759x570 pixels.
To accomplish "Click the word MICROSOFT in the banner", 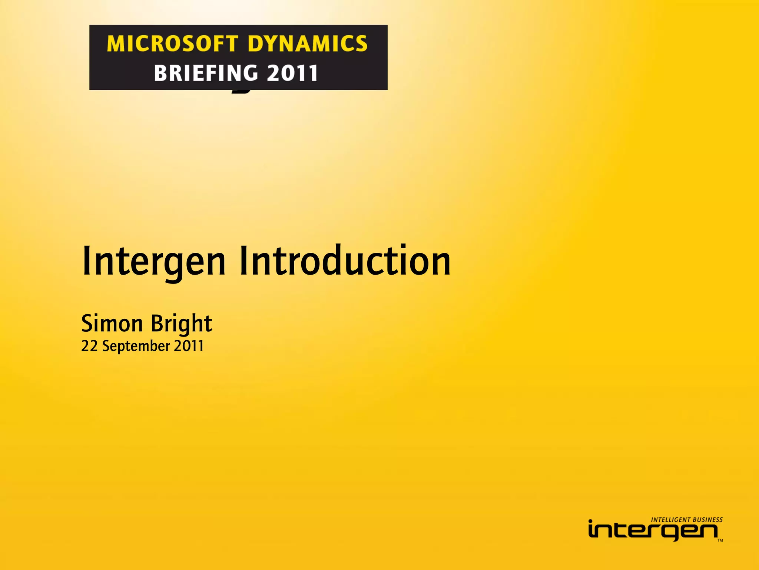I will pos(172,44).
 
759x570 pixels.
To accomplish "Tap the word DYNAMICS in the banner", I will pos(308,44).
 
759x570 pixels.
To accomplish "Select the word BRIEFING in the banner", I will pos(206,73).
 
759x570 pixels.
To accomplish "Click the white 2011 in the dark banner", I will pos(292,73).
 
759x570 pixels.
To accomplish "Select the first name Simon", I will pos(112,324).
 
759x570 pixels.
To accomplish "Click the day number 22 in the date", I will pos(89,346).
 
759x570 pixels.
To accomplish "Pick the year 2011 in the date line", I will pos(189,346).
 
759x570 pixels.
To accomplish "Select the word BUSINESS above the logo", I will pos(708,520).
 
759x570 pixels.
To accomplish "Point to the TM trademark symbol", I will pos(720,540).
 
